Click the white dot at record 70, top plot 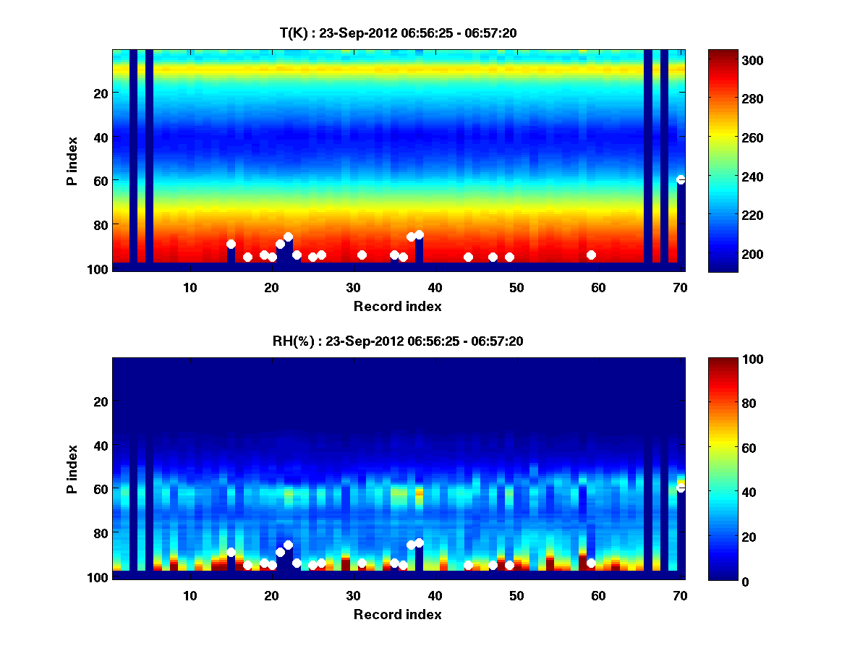pos(681,179)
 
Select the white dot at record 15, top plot pos(231,244)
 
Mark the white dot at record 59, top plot pos(591,255)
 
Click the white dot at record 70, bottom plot pos(681,488)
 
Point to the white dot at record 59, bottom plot pos(591,563)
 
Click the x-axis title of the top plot pos(397,307)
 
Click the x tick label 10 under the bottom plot pos(190,596)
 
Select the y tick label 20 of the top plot pos(101,93)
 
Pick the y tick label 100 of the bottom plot pos(98,577)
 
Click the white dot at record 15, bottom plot pos(231,552)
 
